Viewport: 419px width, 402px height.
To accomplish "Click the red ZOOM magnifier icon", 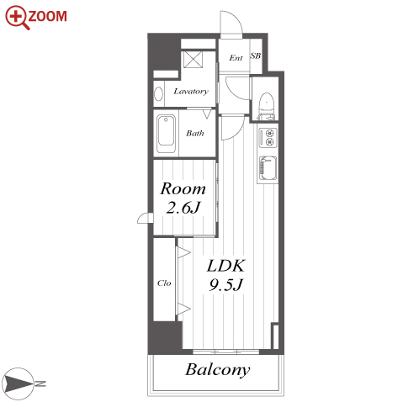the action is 18,18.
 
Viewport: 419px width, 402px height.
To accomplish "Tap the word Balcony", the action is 217,370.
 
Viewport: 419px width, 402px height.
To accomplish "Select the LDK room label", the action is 225,266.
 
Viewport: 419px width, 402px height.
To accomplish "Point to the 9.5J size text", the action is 225,285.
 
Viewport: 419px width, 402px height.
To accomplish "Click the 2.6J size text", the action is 183,208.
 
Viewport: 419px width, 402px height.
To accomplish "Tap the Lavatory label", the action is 191,92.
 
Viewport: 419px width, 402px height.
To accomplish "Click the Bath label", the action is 195,133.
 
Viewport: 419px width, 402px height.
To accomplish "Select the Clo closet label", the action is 164,283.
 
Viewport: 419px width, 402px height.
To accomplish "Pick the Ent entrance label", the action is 236,58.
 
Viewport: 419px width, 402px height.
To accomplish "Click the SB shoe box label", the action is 256,56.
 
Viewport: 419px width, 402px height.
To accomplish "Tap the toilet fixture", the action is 266,107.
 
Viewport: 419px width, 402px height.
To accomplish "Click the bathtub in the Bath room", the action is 166,134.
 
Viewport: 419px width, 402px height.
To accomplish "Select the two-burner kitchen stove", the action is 268,138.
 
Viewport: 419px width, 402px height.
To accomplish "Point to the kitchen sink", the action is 268,168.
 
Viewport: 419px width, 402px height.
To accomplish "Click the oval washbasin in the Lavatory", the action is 159,93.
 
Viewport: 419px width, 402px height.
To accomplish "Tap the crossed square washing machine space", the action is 193,59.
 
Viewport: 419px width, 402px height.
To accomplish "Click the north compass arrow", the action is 18,383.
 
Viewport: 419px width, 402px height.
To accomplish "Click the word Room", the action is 183,188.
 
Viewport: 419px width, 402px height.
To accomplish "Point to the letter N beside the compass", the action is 40,383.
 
